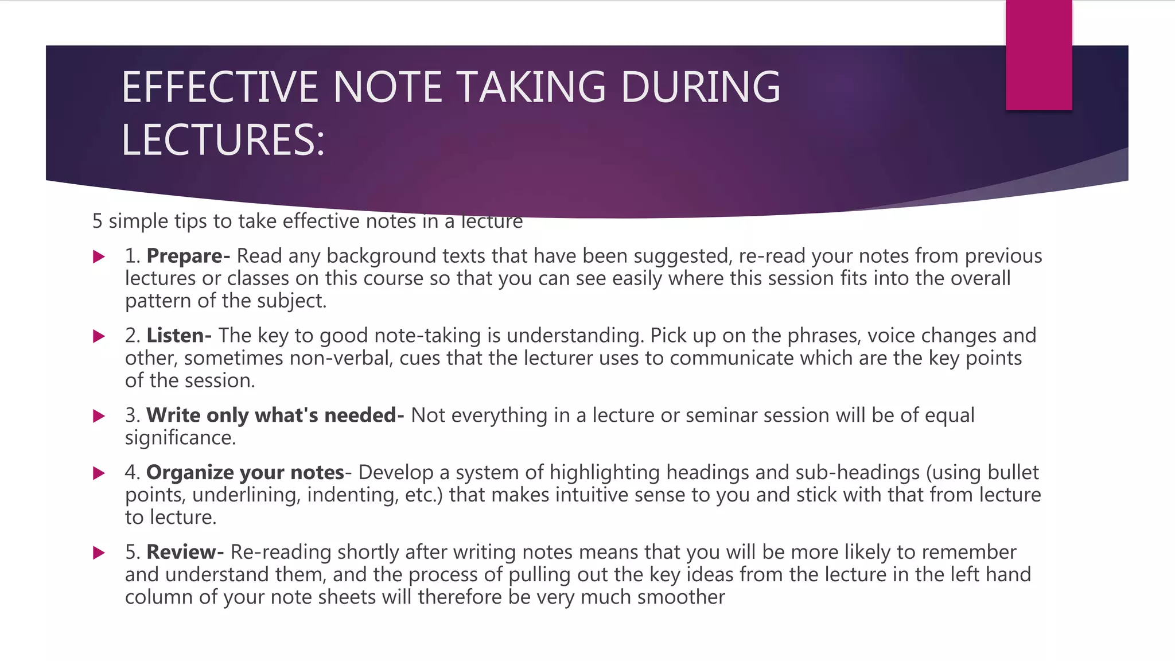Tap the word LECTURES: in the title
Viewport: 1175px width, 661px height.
[x=223, y=141]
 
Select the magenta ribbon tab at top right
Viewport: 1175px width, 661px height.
[x=1038, y=55]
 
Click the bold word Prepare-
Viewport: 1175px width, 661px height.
[x=188, y=256]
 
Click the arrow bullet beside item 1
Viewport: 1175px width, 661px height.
[x=99, y=256]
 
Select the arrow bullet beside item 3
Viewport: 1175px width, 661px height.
[x=99, y=416]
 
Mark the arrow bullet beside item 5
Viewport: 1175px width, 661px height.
[x=99, y=553]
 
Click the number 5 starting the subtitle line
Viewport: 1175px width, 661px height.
[x=98, y=221]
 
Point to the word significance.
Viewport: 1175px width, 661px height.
[x=180, y=438]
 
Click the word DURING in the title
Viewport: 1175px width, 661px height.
[x=701, y=87]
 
